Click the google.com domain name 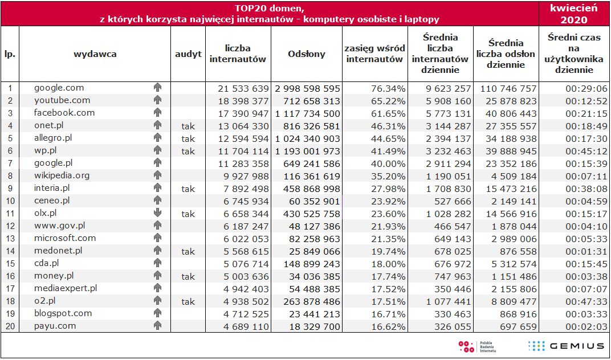click(x=59, y=88)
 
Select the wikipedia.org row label click(x=62, y=175)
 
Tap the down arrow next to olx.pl click(x=158, y=213)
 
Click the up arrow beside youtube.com click(x=158, y=100)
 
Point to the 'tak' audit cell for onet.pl click(x=188, y=126)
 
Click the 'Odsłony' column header click(x=307, y=54)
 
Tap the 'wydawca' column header click(x=95, y=54)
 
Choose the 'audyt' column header click(x=188, y=54)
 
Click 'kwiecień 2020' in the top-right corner click(x=574, y=14)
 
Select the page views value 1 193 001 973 click(x=308, y=151)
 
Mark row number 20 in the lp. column click(x=10, y=326)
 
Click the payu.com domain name click(x=55, y=326)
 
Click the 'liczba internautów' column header click(x=238, y=54)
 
